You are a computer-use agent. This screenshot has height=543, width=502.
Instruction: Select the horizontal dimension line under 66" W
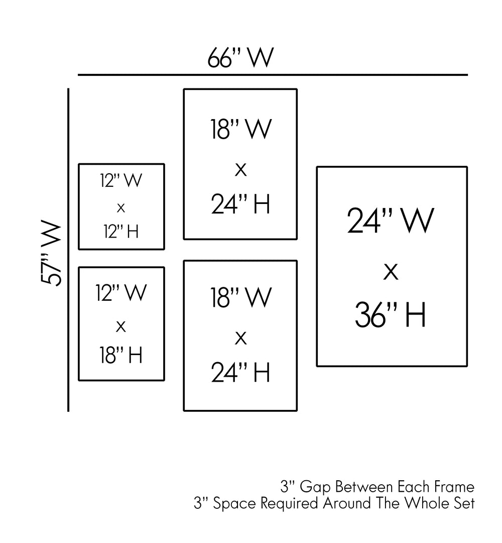point(273,75)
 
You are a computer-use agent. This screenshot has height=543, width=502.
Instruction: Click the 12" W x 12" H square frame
point(121,206)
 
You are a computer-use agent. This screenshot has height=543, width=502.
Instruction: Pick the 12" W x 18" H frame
point(121,323)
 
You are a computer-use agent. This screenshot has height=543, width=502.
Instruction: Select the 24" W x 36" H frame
point(392,266)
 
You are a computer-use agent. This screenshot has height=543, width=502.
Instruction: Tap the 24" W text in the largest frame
point(391,221)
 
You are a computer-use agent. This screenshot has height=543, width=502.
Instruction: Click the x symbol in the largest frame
point(391,273)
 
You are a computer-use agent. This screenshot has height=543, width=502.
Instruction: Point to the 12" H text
point(121,231)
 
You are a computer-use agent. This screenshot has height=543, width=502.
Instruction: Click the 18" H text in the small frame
point(120,355)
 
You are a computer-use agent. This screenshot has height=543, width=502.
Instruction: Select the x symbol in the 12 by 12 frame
point(120,207)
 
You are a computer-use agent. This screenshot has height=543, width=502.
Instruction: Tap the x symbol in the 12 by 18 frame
point(120,327)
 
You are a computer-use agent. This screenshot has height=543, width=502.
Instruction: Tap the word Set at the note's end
point(464,503)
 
